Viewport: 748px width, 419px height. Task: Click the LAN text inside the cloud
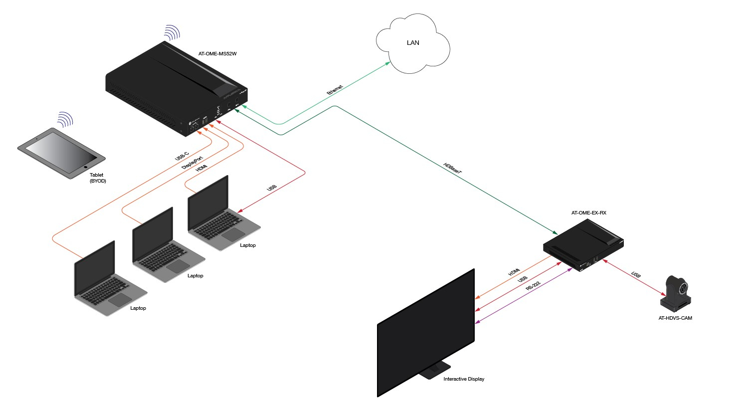click(413, 43)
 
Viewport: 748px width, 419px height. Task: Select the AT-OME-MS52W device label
click(217, 53)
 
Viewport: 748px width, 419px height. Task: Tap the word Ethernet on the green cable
click(335, 90)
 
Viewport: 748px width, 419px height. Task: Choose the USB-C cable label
click(182, 153)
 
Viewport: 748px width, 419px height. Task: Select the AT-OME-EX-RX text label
click(588, 213)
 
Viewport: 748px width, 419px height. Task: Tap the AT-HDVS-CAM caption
click(675, 318)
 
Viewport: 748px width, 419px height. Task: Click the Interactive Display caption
click(464, 379)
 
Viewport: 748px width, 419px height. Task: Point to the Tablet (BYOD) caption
click(97, 178)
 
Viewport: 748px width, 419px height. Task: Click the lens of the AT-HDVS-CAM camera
click(684, 289)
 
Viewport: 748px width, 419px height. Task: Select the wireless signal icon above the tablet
click(65, 119)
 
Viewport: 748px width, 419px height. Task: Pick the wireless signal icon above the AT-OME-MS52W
click(172, 32)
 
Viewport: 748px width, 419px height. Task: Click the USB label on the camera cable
click(636, 275)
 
